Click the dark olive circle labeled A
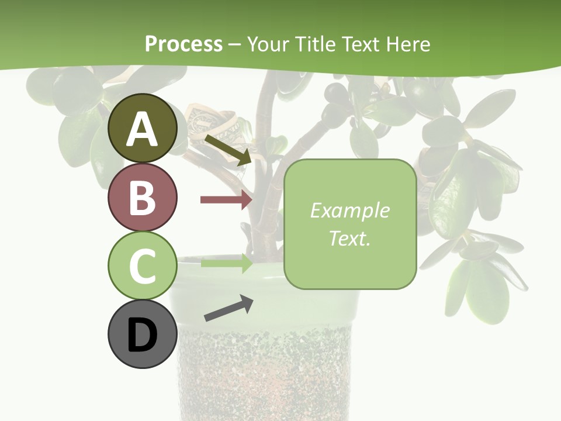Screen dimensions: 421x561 143,128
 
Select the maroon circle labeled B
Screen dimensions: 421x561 143,197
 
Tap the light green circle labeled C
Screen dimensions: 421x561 143,265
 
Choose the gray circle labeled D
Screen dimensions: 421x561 143,334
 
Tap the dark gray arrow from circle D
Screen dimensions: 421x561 228,308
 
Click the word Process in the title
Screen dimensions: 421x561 183,44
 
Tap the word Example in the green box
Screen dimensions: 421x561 349,210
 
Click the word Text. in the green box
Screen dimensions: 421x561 349,238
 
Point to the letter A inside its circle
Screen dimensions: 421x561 143,129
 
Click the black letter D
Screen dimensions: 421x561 143,335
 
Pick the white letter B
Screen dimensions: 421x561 143,198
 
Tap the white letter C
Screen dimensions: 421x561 143,266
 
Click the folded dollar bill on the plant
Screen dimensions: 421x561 213,126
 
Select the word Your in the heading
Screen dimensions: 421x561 266,44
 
